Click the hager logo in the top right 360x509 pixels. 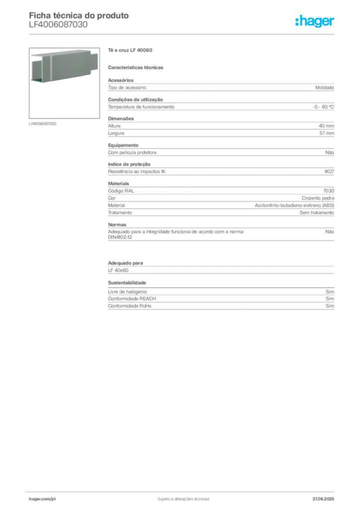(315, 21)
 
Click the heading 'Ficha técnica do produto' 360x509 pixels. (79, 15)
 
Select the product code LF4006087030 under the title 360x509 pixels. (58, 25)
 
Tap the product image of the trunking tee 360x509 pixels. (64, 83)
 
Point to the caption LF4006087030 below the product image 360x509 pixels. (43, 124)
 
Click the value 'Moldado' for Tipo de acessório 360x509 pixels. (325, 87)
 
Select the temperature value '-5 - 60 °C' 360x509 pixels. (323, 107)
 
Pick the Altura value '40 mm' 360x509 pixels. (326, 126)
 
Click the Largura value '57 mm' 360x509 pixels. (327, 133)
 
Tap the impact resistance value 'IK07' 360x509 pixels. (329, 171)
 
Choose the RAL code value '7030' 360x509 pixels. (329, 191)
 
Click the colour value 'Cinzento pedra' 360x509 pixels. (318, 198)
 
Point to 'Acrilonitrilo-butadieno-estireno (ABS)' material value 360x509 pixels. (294, 205)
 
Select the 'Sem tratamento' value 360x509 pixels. (317, 213)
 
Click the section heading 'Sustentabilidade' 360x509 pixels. (127, 283)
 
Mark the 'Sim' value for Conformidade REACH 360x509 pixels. (330, 299)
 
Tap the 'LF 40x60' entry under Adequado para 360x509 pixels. (118, 270)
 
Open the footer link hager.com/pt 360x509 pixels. (42, 499)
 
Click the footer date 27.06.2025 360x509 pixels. (323, 499)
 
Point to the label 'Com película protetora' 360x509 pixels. (132, 153)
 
